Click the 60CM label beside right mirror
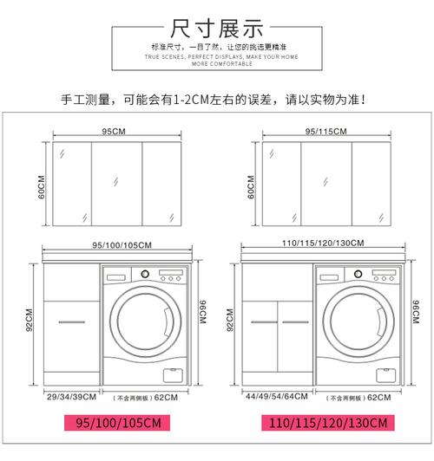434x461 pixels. [251, 188]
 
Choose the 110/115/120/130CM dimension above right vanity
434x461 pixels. [323, 245]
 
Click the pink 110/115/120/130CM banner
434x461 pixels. [324, 425]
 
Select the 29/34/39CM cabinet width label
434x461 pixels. [71, 397]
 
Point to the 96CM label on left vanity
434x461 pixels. [202, 308]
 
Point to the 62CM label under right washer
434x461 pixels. [378, 397]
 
